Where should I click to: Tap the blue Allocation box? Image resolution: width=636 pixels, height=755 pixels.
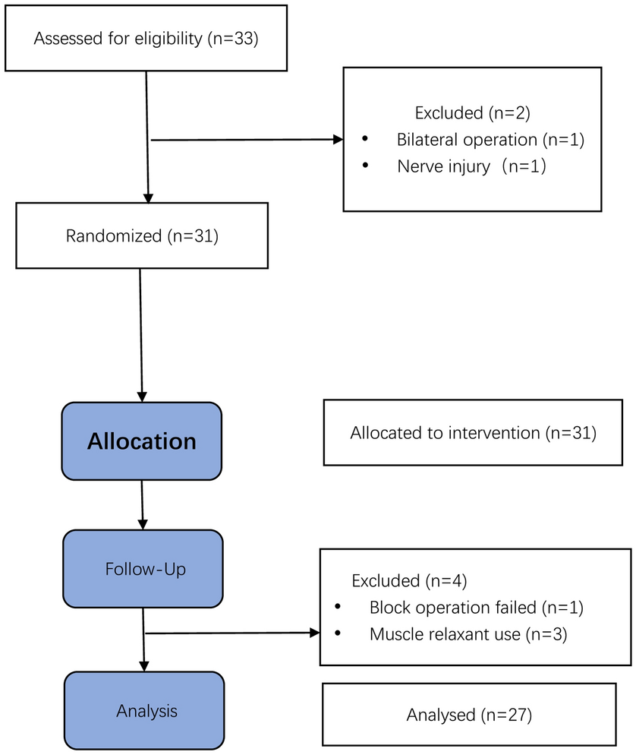point(142,441)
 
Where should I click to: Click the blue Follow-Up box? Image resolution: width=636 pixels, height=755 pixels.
point(142,569)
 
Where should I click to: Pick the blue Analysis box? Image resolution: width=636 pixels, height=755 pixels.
point(144,711)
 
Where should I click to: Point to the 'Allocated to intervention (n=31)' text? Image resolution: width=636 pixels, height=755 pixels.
point(474,433)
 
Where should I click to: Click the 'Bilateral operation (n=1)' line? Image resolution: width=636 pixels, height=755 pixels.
point(490,140)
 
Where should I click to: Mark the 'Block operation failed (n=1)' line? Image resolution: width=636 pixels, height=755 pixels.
point(476,608)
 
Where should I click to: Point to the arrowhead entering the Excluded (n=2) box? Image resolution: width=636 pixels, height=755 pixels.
point(338,140)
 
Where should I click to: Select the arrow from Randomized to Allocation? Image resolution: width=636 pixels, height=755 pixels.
point(141,334)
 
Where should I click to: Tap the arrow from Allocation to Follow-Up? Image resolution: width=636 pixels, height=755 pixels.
point(142,505)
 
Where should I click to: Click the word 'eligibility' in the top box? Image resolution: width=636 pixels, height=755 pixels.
point(168,39)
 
